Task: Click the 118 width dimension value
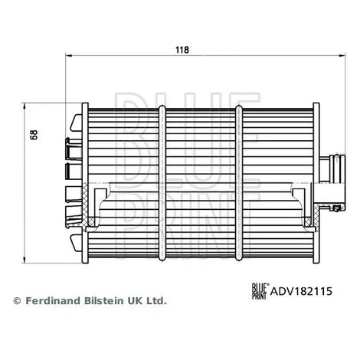182,50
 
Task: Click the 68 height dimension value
34,135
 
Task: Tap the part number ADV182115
301,291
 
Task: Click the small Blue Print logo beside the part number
259,291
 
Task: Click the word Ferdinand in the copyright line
53,301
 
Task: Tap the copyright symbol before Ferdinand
17,301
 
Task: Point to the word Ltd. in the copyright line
156,301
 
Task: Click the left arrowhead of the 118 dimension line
68,55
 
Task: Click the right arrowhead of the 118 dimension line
342,55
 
